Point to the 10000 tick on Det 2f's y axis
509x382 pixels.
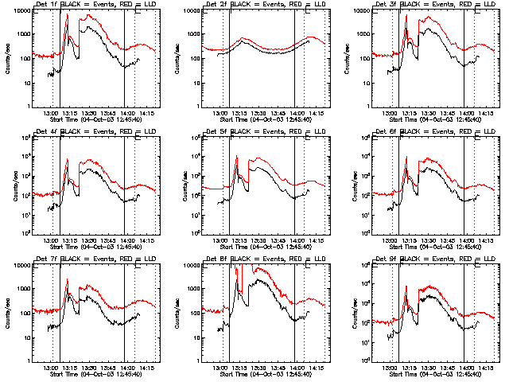coord(189,11)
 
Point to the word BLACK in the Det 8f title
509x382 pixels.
coord(246,259)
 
